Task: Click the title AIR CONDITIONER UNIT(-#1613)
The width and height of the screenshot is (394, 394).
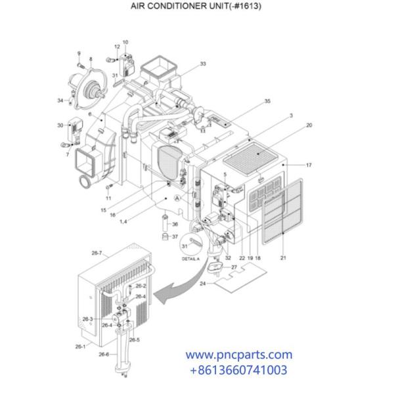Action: [196, 5]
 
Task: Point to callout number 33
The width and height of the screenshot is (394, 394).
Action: [203, 64]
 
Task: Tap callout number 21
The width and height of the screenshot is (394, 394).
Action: [282, 259]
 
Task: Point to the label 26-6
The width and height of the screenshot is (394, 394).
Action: [104, 354]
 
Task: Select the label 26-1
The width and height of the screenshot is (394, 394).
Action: [81, 346]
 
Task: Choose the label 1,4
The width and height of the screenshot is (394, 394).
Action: [123, 222]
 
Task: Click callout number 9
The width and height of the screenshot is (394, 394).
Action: [79, 53]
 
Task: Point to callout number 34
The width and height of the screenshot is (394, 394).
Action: [60, 100]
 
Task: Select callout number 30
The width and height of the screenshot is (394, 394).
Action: [60, 125]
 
